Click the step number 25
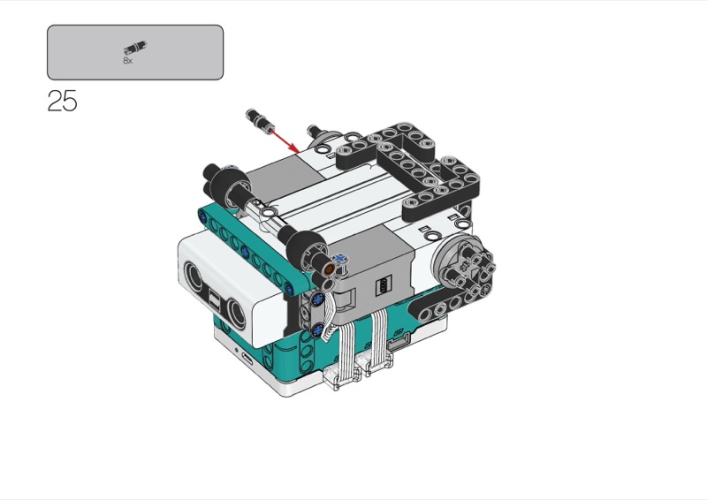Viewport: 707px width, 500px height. tap(62, 101)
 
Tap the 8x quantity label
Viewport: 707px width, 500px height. tap(127, 60)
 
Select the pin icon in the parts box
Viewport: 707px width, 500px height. tap(135, 48)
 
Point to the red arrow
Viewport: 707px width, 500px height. tap(283, 140)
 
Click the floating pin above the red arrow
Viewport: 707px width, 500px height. tap(259, 119)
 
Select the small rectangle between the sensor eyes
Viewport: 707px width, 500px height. tap(214, 298)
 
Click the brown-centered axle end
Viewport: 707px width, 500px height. tap(329, 269)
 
